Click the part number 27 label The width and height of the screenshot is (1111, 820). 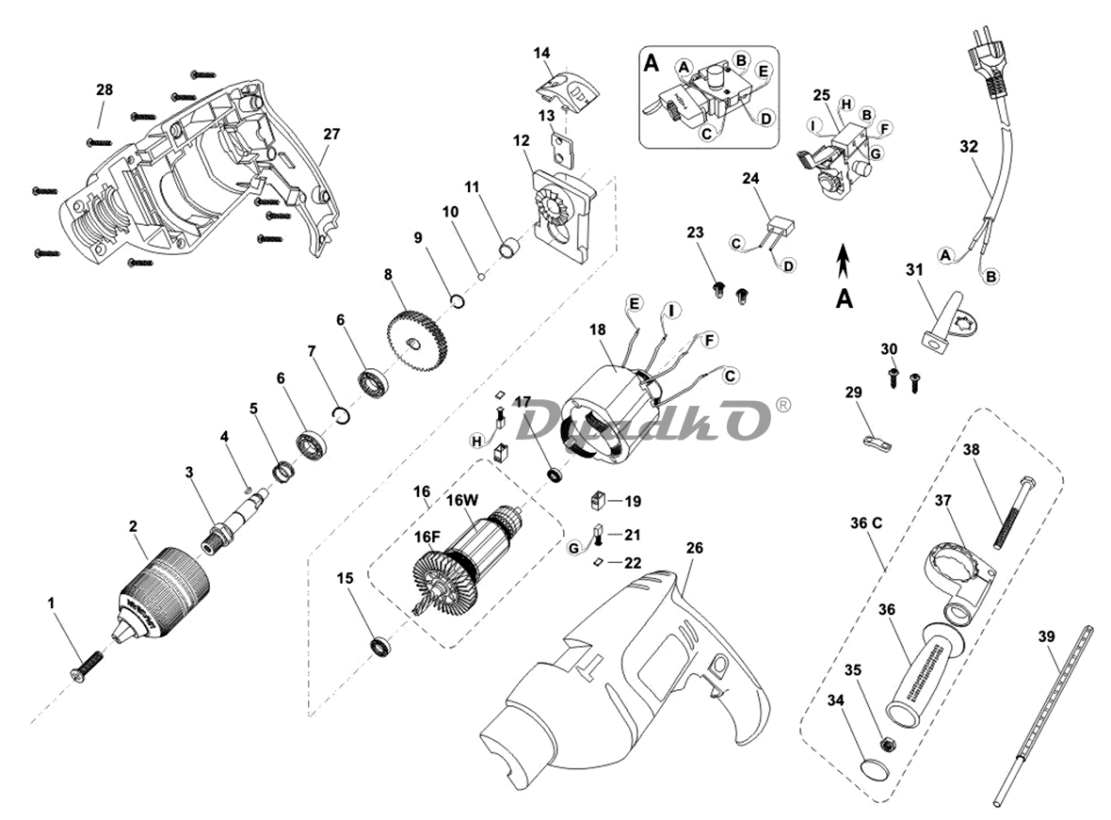click(x=330, y=134)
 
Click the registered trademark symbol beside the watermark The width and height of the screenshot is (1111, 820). click(x=782, y=406)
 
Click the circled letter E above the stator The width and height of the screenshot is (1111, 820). click(x=634, y=303)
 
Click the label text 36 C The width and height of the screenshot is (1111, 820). click(x=866, y=523)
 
